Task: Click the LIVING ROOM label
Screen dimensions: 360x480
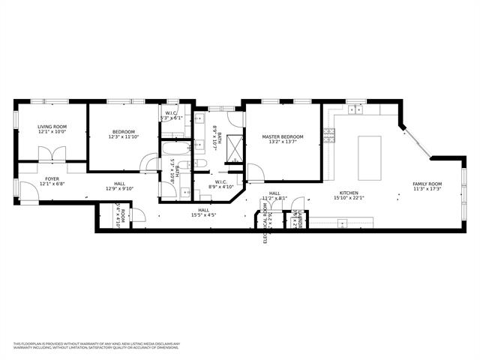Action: (x=52, y=129)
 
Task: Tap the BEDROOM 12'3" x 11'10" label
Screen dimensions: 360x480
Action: (x=123, y=133)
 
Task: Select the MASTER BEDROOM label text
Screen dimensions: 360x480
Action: (x=283, y=139)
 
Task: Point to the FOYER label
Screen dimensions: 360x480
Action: (x=52, y=181)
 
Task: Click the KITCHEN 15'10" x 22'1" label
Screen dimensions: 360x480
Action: (x=349, y=196)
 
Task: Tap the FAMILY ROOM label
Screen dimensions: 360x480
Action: (x=427, y=186)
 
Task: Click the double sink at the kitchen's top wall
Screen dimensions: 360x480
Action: (x=354, y=109)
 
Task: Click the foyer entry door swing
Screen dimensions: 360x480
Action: (x=27, y=194)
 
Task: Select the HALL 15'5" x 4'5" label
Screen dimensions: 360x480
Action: (x=203, y=213)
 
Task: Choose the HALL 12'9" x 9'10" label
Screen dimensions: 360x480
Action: (x=120, y=186)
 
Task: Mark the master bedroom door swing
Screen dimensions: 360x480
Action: (x=256, y=172)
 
